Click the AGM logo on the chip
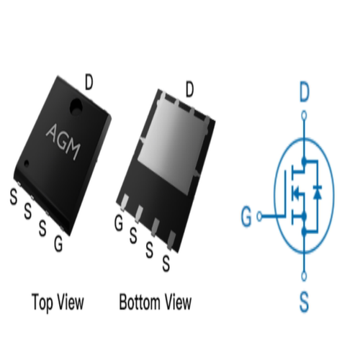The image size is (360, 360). (x=63, y=142)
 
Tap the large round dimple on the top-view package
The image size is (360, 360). (x=76, y=107)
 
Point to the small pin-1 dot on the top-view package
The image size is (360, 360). (x=27, y=163)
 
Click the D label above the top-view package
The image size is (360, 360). (x=89, y=82)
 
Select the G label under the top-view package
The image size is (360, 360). (x=58, y=243)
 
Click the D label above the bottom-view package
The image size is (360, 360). (x=189, y=89)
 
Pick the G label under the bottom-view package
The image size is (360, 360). (x=119, y=222)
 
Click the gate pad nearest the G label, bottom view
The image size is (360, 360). (x=125, y=202)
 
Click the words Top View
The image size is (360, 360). (x=58, y=302)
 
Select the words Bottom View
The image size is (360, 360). (x=156, y=302)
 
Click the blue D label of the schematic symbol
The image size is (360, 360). (x=305, y=92)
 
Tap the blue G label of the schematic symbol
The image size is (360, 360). (x=246, y=216)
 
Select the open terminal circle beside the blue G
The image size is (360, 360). (x=259, y=216)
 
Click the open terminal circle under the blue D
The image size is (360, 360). (x=304, y=116)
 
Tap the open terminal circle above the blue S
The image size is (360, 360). (x=304, y=276)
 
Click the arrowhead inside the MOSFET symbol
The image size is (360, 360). (x=297, y=192)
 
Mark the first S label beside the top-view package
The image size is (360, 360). (x=14, y=196)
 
